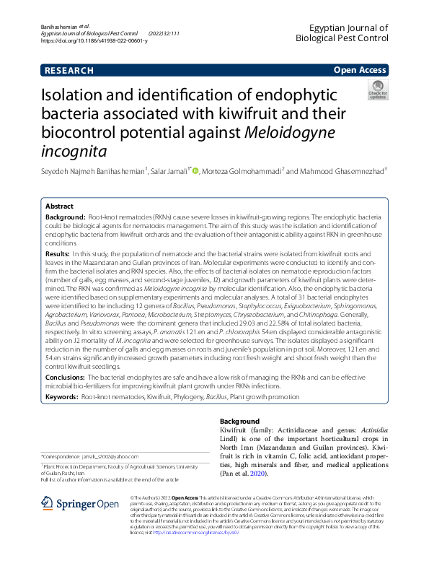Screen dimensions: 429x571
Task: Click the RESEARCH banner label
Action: [x=69, y=71]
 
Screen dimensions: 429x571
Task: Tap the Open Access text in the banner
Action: [x=360, y=71]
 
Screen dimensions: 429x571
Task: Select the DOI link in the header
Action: [x=94, y=41]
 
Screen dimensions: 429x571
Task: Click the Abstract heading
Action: [x=59, y=206]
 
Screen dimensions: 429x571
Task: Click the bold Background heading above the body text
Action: [x=239, y=421]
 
